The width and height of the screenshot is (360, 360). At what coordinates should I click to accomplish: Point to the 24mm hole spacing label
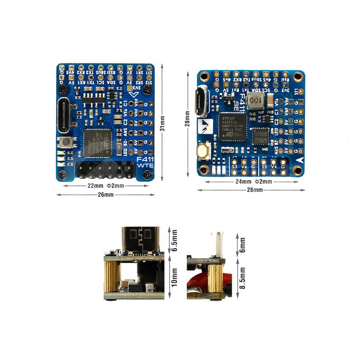243,182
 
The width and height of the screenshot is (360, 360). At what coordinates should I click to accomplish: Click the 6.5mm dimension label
174,240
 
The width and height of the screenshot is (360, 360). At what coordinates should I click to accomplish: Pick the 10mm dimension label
174,278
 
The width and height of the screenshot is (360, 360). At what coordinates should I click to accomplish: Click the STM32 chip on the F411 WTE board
97,143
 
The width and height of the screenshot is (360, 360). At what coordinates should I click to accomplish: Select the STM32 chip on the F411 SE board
232,127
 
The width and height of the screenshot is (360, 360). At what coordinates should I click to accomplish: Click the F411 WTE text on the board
144,162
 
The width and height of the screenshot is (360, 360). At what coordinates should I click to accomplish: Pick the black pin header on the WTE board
105,171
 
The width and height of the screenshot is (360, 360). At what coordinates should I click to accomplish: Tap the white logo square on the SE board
205,126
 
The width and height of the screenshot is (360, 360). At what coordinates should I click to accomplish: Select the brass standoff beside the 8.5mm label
215,278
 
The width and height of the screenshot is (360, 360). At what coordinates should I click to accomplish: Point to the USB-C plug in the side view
141,240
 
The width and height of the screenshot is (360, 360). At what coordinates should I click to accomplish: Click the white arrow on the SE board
300,159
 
